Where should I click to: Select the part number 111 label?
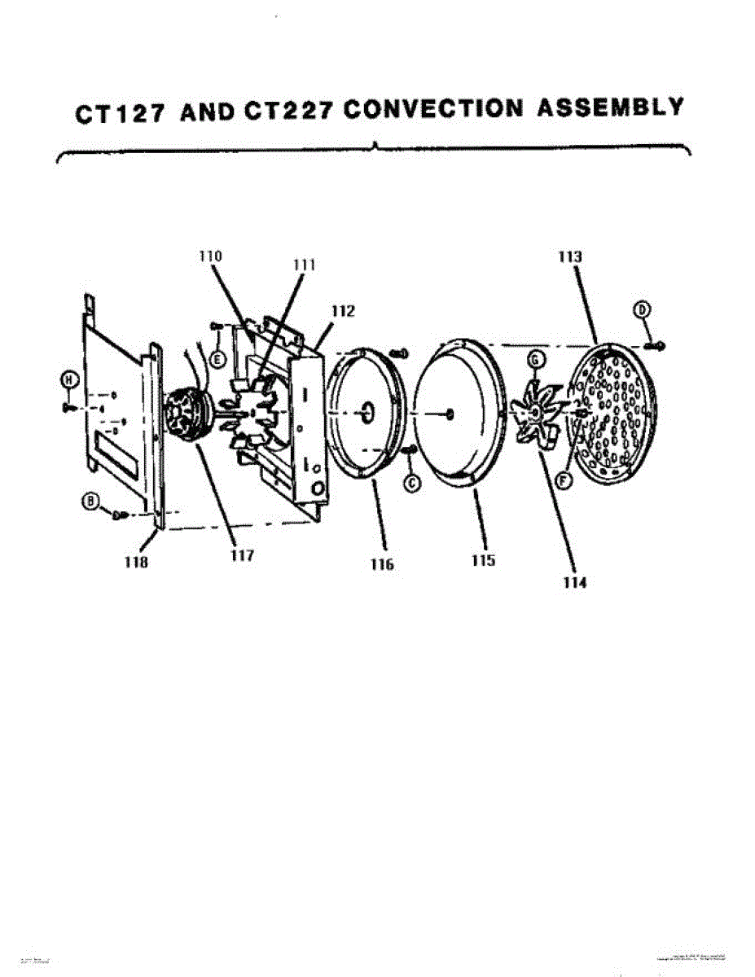coord(305,265)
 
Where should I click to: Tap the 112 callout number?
coord(343,310)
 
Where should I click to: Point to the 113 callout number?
coord(570,256)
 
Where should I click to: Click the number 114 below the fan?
coord(574,582)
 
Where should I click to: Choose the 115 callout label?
coord(482,562)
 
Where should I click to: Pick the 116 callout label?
coord(380,564)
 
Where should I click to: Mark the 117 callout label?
coord(242,555)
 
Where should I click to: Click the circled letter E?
coord(217,358)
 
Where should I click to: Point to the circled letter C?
coord(412,483)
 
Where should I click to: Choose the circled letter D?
coord(643,309)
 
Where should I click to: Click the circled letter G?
coord(535,358)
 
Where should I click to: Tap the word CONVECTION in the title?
coord(431,110)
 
